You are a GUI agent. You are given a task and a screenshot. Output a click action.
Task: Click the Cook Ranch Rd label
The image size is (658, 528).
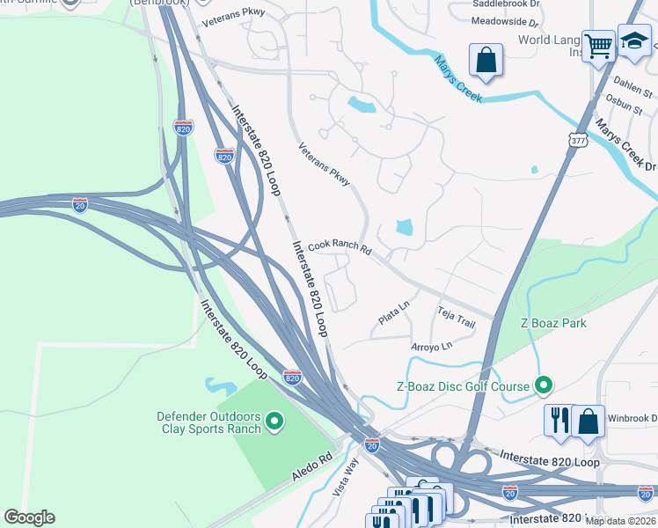339,249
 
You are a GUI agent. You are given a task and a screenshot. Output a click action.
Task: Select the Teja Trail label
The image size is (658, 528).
457,317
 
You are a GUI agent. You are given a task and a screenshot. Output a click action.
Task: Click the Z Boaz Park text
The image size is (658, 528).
553,323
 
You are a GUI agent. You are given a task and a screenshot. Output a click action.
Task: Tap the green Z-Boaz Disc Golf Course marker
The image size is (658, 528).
544,385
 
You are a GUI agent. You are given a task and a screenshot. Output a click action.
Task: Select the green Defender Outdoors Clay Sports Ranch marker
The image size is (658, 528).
274,422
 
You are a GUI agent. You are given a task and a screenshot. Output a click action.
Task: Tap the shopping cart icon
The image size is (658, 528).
598,44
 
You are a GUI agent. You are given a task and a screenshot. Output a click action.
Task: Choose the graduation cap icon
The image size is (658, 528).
633,40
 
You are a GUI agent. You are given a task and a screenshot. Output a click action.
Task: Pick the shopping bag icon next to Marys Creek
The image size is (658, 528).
486,61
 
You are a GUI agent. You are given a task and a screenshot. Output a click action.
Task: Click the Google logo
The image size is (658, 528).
29,517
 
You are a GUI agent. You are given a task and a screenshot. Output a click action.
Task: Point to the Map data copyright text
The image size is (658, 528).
620,521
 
